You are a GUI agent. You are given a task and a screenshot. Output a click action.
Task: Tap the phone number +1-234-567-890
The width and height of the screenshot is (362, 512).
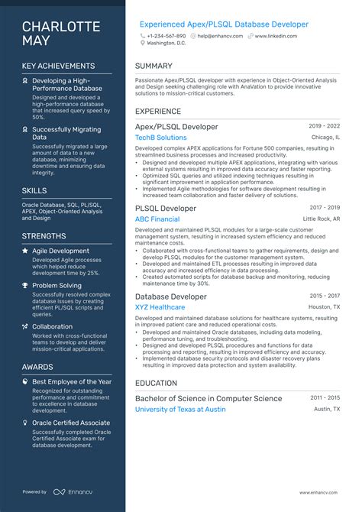pos(166,36)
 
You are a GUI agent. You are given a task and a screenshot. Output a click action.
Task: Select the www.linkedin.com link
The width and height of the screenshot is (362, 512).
pos(276,36)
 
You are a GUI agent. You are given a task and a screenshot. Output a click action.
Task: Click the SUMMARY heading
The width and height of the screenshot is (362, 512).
pos(154,66)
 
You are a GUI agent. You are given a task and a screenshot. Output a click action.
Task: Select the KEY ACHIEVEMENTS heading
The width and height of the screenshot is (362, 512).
pos(59,66)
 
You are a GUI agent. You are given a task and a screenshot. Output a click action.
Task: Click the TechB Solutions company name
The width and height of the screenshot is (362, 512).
pos(160,138)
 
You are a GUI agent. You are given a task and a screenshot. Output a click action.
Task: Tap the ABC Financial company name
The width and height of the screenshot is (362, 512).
pos(157,219)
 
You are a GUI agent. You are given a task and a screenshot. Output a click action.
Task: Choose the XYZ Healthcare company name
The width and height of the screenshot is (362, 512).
pos(160,307)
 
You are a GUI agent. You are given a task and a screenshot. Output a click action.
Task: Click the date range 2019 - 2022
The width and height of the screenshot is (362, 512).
pos(325,126)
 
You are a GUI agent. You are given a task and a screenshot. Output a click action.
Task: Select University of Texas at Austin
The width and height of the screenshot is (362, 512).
pos(180,410)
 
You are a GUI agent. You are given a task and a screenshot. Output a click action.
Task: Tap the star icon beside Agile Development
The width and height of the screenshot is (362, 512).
pos(25,251)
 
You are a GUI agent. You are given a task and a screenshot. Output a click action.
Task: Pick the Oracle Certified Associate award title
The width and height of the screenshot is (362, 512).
pos(72,423)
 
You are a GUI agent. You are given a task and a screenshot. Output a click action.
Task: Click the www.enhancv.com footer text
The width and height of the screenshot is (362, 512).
pos(319,492)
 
